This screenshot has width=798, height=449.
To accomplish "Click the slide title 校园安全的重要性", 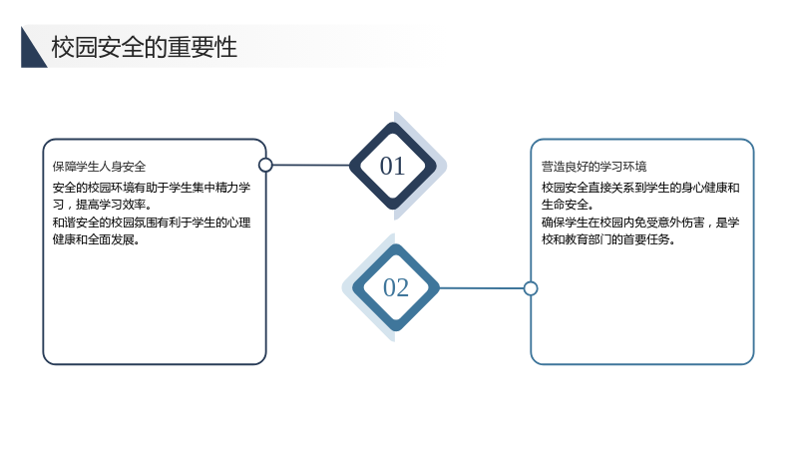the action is [x=144, y=47].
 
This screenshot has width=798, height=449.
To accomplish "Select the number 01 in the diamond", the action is [x=392, y=166].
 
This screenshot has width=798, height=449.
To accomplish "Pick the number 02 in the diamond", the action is [x=395, y=287].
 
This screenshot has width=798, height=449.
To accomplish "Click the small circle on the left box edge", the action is [x=265, y=165].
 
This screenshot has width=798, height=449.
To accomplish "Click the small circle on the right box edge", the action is [x=531, y=288].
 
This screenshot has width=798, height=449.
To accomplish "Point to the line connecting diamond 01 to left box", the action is [x=311, y=165].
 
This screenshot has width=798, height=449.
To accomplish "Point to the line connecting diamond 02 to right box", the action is [x=482, y=288].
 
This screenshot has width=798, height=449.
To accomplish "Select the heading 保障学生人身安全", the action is [x=99, y=167].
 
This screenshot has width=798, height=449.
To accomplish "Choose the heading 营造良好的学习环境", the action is [x=594, y=167].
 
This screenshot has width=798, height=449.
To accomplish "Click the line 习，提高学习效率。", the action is [x=103, y=205].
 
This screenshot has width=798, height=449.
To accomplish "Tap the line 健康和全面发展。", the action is [x=96, y=239].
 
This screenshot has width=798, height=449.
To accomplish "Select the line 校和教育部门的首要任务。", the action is [x=608, y=239].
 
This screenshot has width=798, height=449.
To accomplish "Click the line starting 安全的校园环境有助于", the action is [x=152, y=188].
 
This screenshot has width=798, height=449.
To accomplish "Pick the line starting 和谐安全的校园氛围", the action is [x=152, y=223].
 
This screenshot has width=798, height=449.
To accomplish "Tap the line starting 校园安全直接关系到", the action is [x=640, y=188].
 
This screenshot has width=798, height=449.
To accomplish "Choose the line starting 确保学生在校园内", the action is [x=640, y=223].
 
